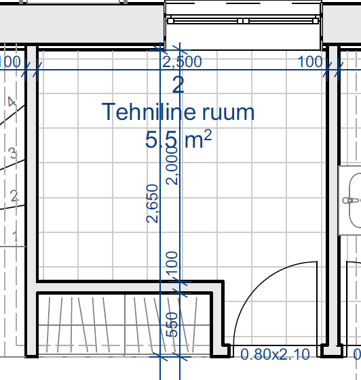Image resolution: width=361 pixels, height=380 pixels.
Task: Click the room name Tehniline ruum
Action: pos(178,112)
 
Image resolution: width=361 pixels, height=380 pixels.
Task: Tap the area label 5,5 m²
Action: pos(178,140)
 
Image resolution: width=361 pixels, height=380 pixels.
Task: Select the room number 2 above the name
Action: pos(178,85)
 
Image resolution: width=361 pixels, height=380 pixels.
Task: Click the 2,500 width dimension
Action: pos(182,62)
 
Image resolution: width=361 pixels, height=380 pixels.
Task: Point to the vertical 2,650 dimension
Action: pos(153,204)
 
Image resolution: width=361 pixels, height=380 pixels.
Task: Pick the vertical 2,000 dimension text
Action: pos(172,165)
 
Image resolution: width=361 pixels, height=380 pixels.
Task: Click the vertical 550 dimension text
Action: pos(172,324)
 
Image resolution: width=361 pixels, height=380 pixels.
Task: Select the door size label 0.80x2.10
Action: pos(275,354)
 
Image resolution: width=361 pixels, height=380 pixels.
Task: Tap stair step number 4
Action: pos(12,102)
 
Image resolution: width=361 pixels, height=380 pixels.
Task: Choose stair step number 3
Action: pos(13,153)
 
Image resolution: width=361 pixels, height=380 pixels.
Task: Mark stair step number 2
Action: pos(14,196)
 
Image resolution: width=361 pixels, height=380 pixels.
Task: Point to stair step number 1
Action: pos(15,236)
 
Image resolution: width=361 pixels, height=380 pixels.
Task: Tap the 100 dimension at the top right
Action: pos(310,62)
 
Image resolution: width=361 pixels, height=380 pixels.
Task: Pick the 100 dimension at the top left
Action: pos(9,62)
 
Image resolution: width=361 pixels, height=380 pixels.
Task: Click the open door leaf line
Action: pos(317,303)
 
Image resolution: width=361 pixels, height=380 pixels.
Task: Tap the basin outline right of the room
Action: pos(350,200)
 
